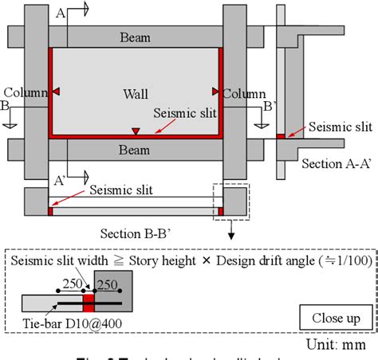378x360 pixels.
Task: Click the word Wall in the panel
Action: tap(136, 94)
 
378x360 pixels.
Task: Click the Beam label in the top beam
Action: tap(136, 37)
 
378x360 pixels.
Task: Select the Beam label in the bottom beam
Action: tap(136, 149)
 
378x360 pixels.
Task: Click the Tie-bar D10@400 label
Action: tap(61, 323)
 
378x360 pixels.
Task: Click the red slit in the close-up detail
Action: tap(90, 303)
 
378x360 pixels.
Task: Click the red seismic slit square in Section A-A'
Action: tap(281, 137)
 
